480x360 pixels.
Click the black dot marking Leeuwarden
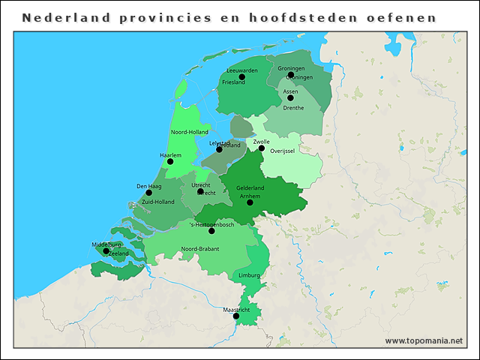pos(241,76)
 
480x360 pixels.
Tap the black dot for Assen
pos(290,97)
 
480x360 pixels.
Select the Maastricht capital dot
pos(236,316)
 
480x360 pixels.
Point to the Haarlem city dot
pos(170,161)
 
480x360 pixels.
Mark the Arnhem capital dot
pos(250,202)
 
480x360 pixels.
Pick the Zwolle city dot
pos(262,148)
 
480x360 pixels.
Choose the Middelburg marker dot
pos(106,251)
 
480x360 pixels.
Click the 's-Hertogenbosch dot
pos(211,231)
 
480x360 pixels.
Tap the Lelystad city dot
pos(219,148)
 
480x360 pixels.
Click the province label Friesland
pos(233,82)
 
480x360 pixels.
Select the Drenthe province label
pos(293,108)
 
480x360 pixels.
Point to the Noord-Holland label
pos(189,132)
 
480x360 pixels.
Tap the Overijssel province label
pos(282,151)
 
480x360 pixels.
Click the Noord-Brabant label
pos(199,249)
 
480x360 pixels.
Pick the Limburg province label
pos(249,275)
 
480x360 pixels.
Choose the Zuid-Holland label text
pos(157,202)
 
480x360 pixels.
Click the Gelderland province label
pos(250,187)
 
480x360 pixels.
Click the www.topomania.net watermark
pos(424,340)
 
